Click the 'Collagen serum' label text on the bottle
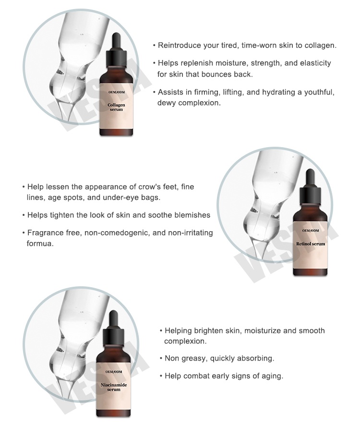click(116, 107)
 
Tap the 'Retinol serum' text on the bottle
click(311, 244)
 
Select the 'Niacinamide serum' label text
click(114, 387)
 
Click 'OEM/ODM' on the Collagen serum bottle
click(117, 92)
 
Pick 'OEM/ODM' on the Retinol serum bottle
click(311, 230)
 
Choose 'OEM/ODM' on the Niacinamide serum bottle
click(114, 372)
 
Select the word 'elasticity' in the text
click(315, 63)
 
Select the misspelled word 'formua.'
click(40, 243)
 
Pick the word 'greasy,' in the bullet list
click(194, 359)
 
